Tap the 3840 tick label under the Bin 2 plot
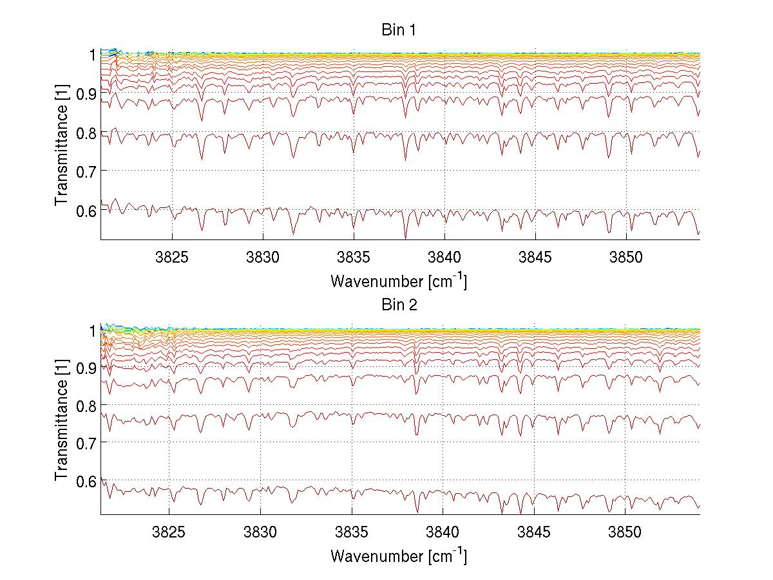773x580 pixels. [x=443, y=533]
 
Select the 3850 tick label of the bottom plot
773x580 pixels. [x=625, y=533]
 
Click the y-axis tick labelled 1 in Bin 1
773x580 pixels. [x=93, y=54]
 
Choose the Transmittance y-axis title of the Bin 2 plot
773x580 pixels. [x=61, y=422]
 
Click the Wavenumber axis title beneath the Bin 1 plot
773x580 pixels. [x=399, y=281]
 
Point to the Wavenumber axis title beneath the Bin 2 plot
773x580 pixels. [x=399, y=556]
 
